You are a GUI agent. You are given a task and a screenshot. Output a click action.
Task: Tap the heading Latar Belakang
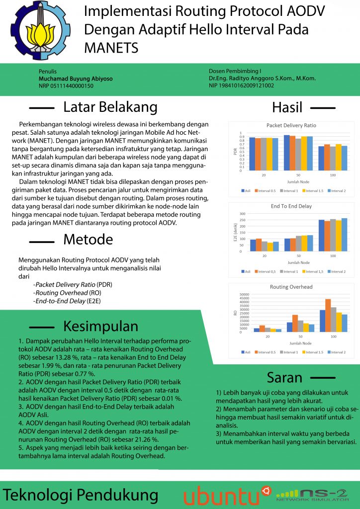(x=110, y=107)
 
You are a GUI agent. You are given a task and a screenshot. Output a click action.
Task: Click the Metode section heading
(x=88, y=240)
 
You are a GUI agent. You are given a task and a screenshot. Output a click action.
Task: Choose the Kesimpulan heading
(x=100, y=326)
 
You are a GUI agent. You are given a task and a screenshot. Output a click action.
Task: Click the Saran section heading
(x=284, y=377)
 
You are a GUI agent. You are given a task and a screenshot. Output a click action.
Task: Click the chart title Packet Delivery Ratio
(x=291, y=126)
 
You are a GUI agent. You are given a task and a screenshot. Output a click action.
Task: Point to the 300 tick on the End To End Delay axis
(x=243, y=214)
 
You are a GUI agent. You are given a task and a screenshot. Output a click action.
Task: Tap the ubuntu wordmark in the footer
(x=221, y=496)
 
